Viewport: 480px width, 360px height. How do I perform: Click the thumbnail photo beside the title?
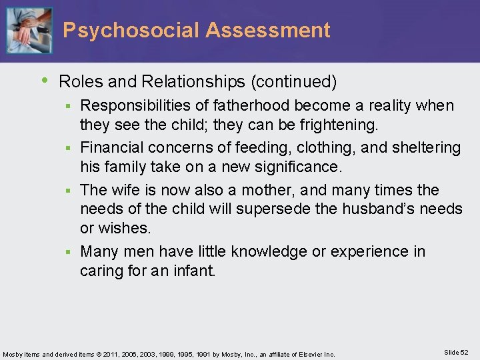click(x=29, y=30)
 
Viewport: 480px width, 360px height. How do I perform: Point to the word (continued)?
click(x=294, y=82)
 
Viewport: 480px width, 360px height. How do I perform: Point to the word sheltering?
click(x=425, y=147)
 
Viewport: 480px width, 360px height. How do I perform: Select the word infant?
click(x=193, y=271)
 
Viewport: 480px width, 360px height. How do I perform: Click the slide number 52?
click(x=465, y=352)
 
